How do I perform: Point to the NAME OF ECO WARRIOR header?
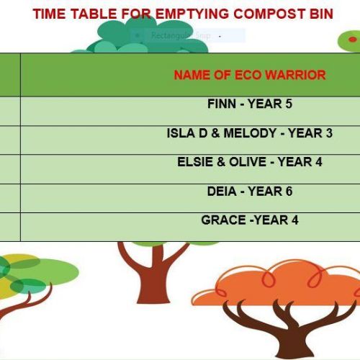(249, 75)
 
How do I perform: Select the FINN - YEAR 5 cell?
(249, 104)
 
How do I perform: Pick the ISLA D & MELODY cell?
(249, 133)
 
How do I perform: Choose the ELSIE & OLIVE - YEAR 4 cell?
(249, 162)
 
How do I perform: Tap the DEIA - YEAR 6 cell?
(249, 192)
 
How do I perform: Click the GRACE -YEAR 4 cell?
(249, 220)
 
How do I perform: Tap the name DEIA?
(220, 192)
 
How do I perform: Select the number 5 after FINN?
(288, 104)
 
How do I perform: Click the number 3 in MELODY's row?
(329, 133)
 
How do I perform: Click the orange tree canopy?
(288, 284)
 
